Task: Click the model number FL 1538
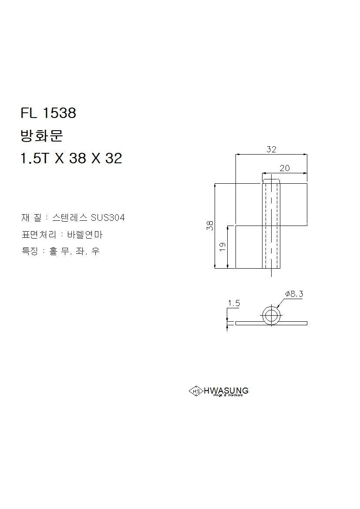48,113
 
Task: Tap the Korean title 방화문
42,136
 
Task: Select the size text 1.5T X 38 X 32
71,158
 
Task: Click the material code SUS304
108,218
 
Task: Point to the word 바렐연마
85,235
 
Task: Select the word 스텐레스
70,218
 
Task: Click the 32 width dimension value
271,149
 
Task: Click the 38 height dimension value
210,226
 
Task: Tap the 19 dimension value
222,246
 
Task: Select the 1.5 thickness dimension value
234,303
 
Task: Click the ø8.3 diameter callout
294,294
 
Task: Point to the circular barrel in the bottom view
271,315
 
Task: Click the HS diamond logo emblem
196,391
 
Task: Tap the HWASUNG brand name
226,390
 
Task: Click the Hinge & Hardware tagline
228,395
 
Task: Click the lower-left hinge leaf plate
249,247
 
